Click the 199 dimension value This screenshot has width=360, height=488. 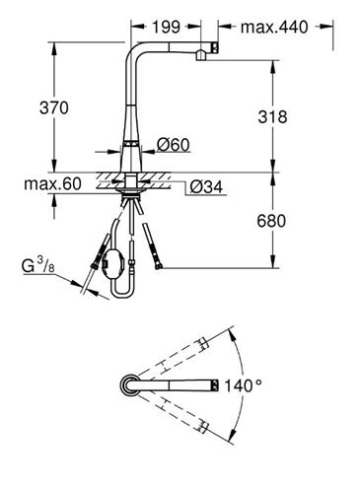click(x=166, y=27)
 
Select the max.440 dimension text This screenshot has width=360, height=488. click(x=274, y=27)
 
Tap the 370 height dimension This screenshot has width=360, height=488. click(x=54, y=107)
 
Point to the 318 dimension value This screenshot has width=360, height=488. click(x=272, y=117)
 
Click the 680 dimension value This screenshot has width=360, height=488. click(x=271, y=221)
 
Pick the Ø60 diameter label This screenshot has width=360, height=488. click(x=174, y=145)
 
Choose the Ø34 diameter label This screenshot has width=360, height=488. click(x=206, y=187)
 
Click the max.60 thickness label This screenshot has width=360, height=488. click(x=52, y=184)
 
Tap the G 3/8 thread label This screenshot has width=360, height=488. click(x=38, y=265)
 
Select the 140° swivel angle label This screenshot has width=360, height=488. click(x=243, y=385)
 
